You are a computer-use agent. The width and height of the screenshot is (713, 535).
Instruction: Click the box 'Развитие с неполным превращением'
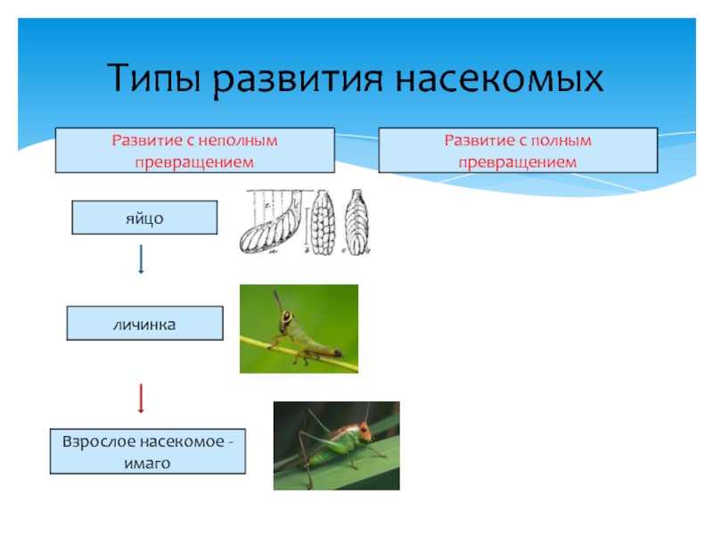[194, 150]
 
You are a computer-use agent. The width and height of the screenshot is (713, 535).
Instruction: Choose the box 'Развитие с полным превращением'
[518, 150]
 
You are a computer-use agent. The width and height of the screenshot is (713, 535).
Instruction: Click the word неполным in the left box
[238, 140]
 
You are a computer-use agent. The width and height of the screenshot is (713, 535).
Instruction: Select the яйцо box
[144, 218]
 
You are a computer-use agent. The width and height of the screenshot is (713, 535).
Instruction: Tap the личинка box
[144, 323]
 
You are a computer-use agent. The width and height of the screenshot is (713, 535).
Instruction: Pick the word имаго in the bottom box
[148, 464]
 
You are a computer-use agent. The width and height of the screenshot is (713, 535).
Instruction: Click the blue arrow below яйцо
[141, 259]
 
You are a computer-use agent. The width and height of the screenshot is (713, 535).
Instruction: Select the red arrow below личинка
[141, 398]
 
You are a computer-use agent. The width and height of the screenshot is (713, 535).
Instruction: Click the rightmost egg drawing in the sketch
[356, 223]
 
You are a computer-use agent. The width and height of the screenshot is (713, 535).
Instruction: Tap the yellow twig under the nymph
[303, 358]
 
